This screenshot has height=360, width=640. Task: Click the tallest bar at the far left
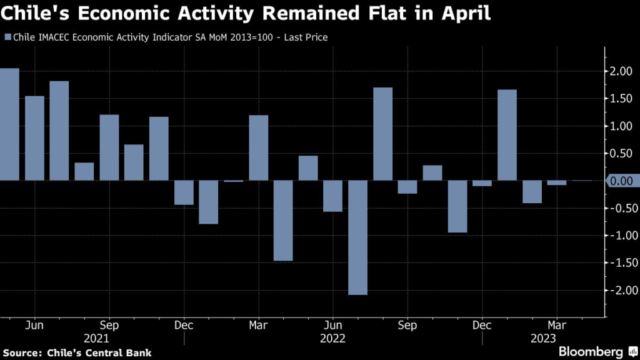click(x=9, y=124)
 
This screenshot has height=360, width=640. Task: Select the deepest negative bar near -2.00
click(x=358, y=237)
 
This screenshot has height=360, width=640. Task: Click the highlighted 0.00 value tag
click(x=620, y=181)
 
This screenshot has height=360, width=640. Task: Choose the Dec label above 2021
click(x=184, y=326)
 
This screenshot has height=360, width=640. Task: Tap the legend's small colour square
click(x=7, y=37)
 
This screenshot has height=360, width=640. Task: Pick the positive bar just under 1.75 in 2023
click(x=507, y=135)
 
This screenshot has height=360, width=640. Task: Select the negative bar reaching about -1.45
click(x=283, y=221)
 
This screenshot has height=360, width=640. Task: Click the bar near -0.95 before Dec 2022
click(x=457, y=207)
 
